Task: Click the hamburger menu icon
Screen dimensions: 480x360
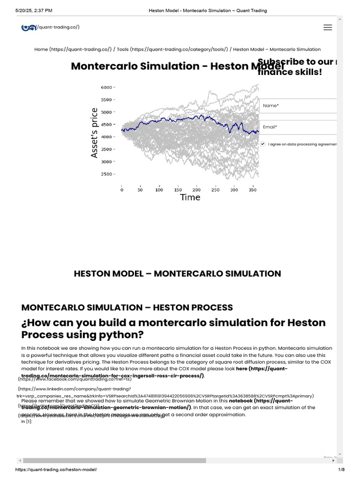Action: pos(328,27)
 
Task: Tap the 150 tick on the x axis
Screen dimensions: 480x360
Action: pos(178,190)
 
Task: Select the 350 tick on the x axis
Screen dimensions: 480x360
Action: pos(253,190)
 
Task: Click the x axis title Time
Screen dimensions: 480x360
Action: pos(190,197)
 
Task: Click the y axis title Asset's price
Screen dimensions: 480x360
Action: pos(95,133)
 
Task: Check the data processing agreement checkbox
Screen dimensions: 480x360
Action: pos(263,144)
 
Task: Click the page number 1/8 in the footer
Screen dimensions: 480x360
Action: pos(341,470)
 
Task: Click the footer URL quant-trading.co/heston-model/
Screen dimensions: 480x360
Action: pos(56,470)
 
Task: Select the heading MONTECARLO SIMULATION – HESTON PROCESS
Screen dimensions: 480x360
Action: pos(127,307)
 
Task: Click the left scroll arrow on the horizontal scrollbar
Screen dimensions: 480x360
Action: pos(20,460)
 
